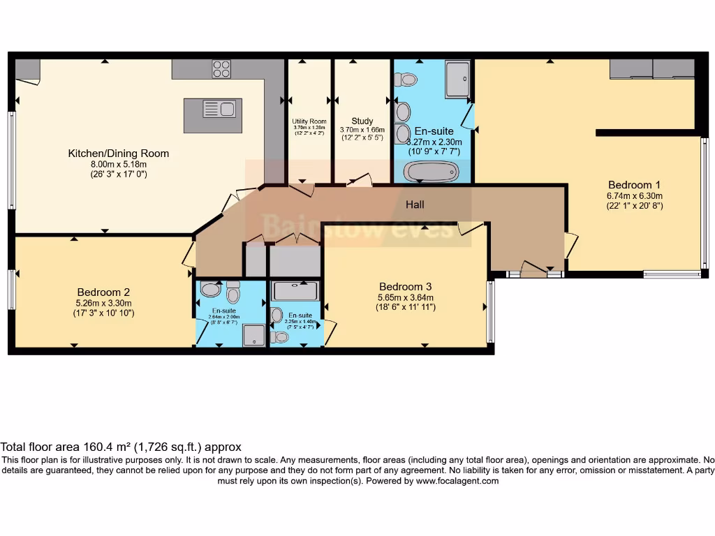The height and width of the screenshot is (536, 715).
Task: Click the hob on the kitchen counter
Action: [221, 68]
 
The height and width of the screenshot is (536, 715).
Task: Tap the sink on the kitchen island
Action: [219, 109]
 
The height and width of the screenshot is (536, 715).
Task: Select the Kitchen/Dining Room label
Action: [118, 154]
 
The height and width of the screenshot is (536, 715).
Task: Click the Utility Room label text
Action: [309, 121]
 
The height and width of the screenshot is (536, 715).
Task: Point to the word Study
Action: [362, 121]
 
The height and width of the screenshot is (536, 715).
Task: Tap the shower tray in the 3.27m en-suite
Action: [458, 78]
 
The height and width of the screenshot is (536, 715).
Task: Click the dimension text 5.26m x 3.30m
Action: [103, 303]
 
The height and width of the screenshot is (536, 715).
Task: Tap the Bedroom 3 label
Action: [405, 286]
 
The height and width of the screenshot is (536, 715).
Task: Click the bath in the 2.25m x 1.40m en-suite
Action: [295, 291]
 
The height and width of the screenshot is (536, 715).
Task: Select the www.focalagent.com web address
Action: [457, 481]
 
